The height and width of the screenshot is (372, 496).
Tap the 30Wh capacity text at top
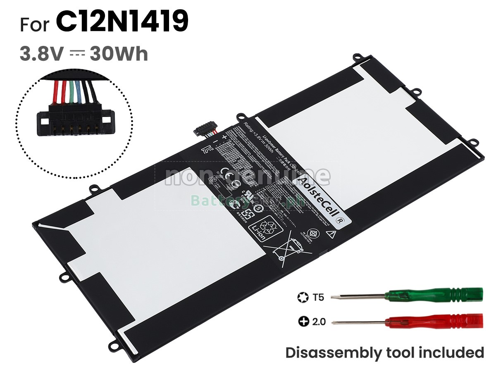119,54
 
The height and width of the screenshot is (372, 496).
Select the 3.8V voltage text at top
41,54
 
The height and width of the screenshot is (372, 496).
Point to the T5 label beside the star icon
319,297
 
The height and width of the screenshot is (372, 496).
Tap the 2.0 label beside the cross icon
319,321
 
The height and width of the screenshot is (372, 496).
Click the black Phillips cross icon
303,321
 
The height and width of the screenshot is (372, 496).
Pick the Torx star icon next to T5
303,297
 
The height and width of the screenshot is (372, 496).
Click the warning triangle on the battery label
330,234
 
